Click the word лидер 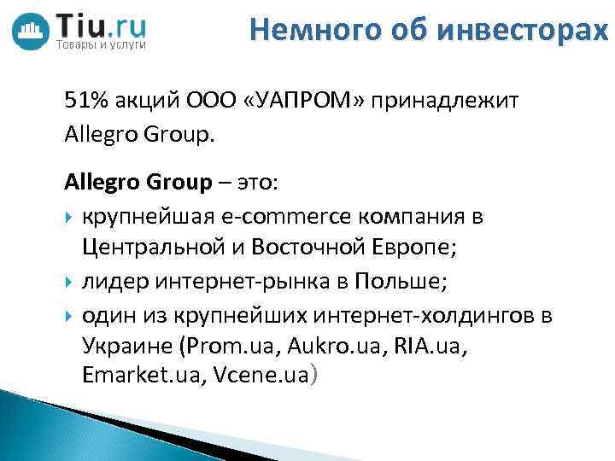[x=110, y=282]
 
